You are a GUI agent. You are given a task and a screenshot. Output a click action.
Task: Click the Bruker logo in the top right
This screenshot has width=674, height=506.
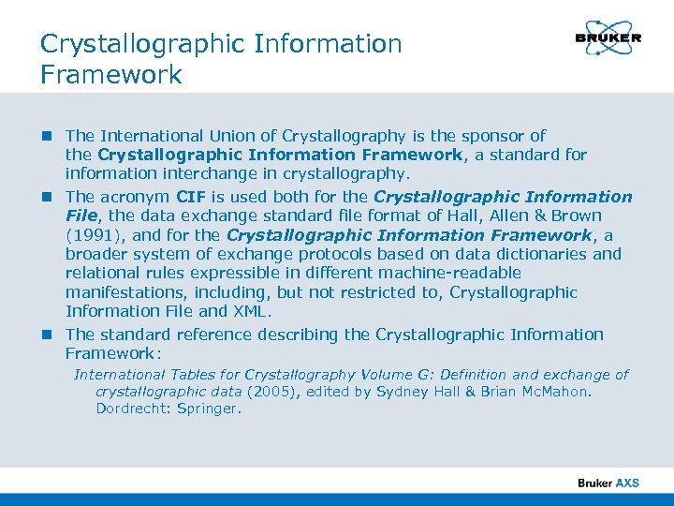608,38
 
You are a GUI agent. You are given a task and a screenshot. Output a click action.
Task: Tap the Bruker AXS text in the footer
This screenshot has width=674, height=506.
608,484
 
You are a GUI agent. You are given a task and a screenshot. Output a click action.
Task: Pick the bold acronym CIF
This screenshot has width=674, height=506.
192,197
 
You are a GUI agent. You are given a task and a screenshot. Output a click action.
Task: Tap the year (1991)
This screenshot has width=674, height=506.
91,235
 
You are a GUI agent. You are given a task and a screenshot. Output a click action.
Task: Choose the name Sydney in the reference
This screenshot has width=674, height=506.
403,392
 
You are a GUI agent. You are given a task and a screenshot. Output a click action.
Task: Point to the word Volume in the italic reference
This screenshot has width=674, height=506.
387,374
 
